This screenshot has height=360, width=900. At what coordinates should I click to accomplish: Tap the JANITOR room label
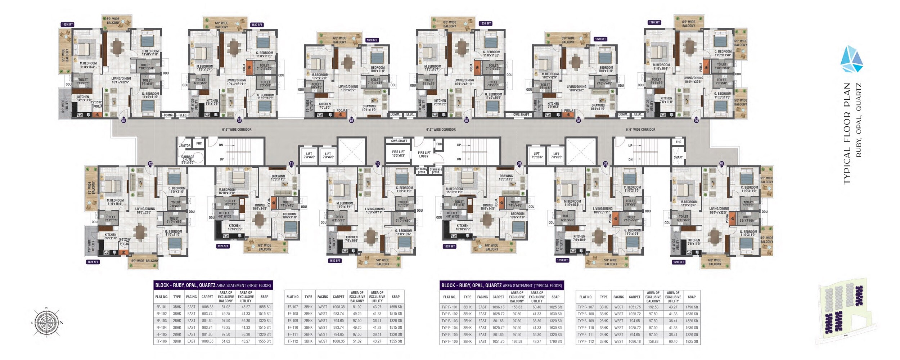pos(185,146)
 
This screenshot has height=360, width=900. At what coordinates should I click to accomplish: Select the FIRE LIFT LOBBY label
pos(424,154)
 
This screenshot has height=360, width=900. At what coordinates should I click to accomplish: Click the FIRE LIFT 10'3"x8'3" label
pos(398,154)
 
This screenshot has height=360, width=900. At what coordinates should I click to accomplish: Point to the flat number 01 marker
pos(123,121)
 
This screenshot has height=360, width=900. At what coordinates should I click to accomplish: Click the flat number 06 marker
pos(696,121)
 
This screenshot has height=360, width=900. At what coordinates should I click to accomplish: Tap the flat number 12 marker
pos(150,163)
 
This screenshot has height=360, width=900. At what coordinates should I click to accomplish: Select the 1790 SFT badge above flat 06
pos(654,22)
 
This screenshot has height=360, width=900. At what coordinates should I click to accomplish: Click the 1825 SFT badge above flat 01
pos(67,24)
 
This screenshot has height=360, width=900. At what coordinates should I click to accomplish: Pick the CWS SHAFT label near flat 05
pos(521,114)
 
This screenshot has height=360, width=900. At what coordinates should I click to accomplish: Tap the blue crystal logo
pos(851,60)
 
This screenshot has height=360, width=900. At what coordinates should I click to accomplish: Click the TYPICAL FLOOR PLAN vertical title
pos(847,133)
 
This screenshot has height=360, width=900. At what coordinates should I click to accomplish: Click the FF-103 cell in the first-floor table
pos(161,320)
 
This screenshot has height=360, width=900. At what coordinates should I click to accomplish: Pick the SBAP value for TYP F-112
pos(692,341)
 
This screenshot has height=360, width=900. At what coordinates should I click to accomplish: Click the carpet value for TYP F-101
pos(498,307)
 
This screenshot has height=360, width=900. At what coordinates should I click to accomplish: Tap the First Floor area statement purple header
pos(213,285)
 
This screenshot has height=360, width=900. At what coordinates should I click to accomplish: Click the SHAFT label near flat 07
pos(678,157)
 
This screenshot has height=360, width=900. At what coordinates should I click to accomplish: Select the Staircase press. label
pos(436,171)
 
